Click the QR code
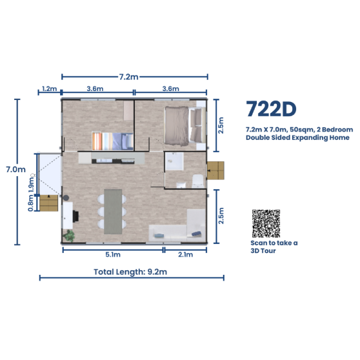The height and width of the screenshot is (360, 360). (x=266, y=223)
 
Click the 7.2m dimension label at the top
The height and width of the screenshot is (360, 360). (x=128, y=77)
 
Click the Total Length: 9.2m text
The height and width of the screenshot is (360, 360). (x=131, y=271)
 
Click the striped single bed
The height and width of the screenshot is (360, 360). (x=111, y=141)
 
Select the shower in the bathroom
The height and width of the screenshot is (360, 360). (x=174, y=161)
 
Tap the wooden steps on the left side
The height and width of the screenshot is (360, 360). (x=48, y=203)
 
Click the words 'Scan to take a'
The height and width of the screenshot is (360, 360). (x=274, y=243)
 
